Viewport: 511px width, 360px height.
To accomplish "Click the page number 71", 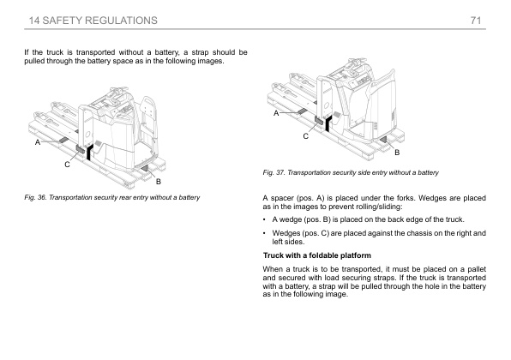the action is (x=476, y=21).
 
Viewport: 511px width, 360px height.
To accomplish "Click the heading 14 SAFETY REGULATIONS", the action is (x=93, y=21).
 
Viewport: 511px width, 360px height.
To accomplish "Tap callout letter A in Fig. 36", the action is (x=38, y=142).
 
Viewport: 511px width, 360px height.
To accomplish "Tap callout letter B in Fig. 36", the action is (x=159, y=182).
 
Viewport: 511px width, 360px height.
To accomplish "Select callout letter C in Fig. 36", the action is (x=67, y=165).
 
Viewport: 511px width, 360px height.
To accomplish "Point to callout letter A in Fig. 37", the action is (x=276, y=113).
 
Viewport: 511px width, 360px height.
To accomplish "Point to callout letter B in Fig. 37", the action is (x=397, y=153).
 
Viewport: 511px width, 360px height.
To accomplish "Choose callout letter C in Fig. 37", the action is (x=306, y=136).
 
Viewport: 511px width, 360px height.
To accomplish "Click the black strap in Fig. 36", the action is (x=88, y=153).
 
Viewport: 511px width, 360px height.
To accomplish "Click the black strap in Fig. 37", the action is (x=328, y=123).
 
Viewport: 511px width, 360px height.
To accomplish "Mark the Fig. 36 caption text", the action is (x=111, y=197).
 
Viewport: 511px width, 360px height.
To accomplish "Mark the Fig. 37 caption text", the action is (x=351, y=172).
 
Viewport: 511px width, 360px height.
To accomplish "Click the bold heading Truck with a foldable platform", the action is (x=316, y=255).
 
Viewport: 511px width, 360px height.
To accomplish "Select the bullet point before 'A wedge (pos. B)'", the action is (x=264, y=219).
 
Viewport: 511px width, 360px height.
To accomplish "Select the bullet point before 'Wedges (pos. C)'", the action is (x=264, y=233).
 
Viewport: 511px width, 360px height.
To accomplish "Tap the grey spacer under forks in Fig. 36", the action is (x=63, y=140).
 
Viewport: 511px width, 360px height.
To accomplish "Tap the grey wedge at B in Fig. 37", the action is (x=383, y=140).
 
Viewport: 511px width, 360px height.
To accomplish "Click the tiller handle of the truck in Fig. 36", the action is (x=118, y=90).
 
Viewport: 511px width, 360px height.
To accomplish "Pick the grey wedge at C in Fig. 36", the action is (x=81, y=149).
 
